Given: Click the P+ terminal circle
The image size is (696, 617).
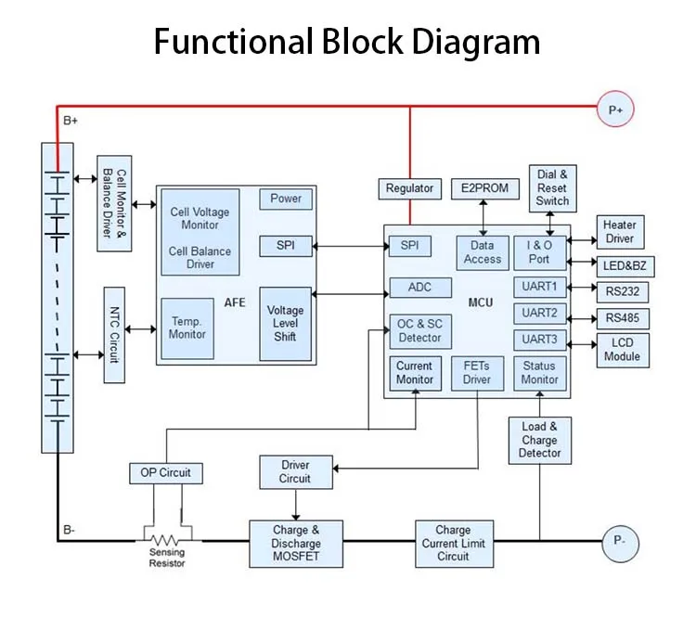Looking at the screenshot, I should point(615,109).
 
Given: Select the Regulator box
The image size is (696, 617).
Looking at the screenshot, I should point(409,188).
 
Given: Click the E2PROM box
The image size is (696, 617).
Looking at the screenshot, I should point(484,188).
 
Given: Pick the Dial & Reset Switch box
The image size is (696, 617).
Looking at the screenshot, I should point(552,187).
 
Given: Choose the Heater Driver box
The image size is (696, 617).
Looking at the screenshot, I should point(619,232).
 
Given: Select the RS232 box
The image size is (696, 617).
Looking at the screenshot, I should point(622,292).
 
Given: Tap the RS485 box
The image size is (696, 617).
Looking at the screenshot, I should point(622,318).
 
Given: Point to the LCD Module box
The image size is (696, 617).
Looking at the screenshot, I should point(622,349).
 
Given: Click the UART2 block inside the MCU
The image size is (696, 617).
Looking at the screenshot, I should point(539,313).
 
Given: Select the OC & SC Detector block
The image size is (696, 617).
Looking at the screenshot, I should point(419,330).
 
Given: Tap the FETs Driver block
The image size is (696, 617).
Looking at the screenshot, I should point(476,373).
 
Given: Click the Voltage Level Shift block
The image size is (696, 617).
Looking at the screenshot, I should point(285,323).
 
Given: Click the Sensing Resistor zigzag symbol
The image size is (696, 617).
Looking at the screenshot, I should point(167,539).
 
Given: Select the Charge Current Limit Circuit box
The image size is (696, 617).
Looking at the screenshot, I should point(453,544).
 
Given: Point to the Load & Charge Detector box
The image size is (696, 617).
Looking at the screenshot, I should point(540,440).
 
